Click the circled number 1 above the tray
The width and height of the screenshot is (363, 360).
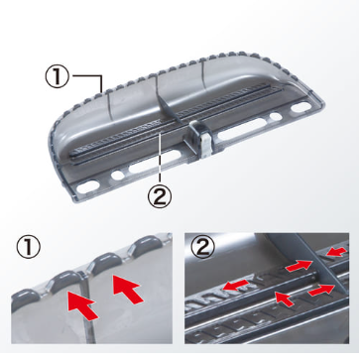click(x=58, y=76)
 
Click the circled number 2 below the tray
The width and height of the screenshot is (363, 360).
click(x=160, y=196)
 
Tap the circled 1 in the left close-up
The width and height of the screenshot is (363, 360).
click(x=29, y=248)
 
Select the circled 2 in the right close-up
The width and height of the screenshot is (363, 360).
click(x=203, y=247)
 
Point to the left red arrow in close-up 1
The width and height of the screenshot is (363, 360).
click(x=81, y=303)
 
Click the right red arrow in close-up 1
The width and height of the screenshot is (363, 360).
click(x=127, y=289)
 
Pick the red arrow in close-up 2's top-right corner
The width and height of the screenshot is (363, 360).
click(x=336, y=252)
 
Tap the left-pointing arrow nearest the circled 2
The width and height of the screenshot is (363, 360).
click(x=235, y=285)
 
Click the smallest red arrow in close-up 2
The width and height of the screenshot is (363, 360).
click(x=284, y=299)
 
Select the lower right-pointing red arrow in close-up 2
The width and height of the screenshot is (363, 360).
click(x=320, y=291)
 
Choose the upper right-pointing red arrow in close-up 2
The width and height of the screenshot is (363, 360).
click(x=299, y=266)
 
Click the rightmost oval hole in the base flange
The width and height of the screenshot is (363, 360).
click(x=302, y=107)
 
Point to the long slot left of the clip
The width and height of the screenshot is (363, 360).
click(x=155, y=161)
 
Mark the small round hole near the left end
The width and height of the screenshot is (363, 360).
click(x=118, y=175)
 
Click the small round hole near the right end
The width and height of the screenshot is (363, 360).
click(x=276, y=116)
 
